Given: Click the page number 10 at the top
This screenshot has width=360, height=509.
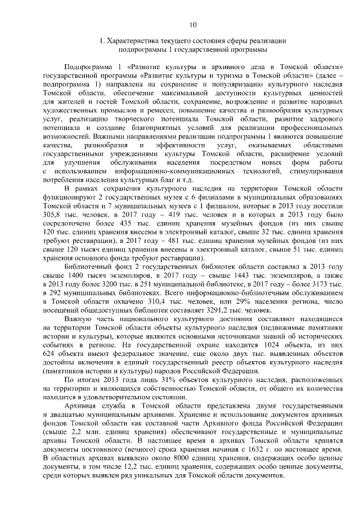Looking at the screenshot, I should click(x=192, y=24).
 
